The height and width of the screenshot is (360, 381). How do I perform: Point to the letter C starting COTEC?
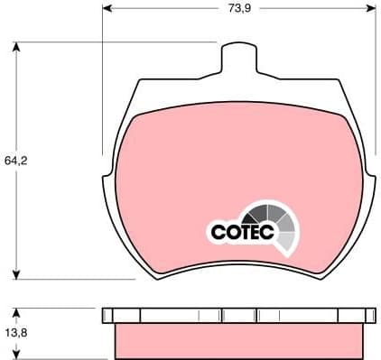coord(217,233)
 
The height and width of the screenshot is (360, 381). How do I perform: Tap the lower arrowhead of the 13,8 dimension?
coord(19,354)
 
